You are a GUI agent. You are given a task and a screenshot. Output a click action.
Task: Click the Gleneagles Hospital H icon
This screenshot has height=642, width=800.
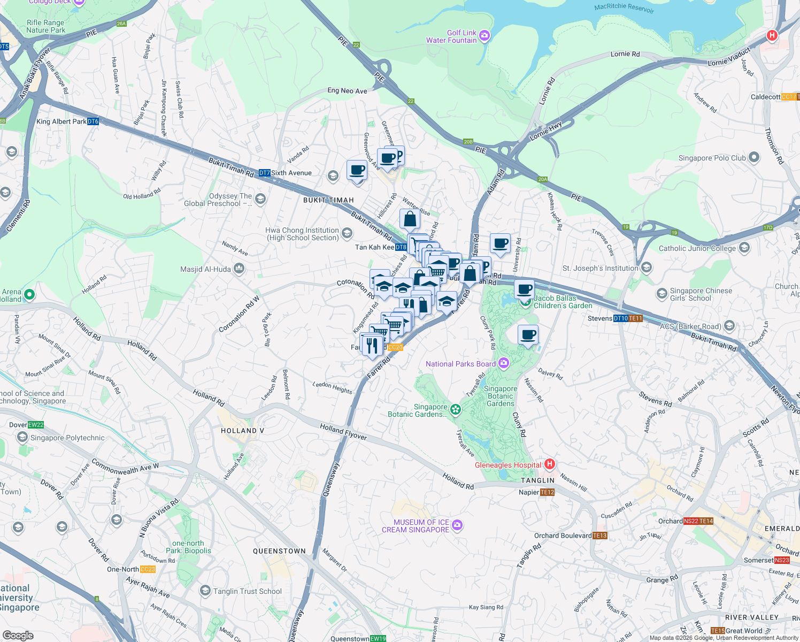click(x=550, y=464)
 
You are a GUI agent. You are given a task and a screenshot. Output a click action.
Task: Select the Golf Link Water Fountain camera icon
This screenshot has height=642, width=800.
click(x=484, y=36)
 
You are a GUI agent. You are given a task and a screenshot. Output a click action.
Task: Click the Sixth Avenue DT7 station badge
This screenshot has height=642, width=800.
click(x=264, y=173)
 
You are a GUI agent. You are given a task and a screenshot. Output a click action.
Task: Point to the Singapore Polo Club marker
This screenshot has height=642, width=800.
click(x=754, y=157)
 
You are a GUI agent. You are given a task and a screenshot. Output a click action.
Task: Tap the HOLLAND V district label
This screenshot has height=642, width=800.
click(x=242, y=431)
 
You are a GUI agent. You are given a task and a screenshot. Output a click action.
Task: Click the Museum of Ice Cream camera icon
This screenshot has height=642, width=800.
click(x=457, y=525)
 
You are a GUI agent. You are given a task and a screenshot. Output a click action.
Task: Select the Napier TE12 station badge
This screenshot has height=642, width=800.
click(x=547, y=492)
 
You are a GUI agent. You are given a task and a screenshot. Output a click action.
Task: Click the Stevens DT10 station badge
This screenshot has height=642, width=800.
click(x=620, y=318)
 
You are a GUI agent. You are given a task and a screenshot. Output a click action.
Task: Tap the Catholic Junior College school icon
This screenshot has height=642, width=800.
click(x=744, y=248)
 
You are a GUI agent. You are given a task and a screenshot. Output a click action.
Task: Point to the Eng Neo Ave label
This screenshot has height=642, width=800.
click(x=347, y=90)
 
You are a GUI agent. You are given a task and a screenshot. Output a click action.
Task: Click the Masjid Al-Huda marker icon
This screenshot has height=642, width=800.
click(x=239, y=269)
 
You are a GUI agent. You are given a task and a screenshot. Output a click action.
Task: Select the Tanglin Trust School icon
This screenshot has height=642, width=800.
click(x=205, y=591)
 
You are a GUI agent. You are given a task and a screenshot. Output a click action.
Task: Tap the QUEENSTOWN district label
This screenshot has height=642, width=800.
click(x=279, y=551)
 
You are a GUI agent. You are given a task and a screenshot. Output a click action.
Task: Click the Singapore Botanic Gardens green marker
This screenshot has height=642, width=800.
click(x=455, y=410)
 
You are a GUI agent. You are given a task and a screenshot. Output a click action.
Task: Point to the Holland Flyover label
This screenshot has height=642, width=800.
click(x=343, y=431)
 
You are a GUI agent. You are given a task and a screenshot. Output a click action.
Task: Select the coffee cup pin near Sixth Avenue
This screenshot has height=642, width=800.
click(x=357, y=170)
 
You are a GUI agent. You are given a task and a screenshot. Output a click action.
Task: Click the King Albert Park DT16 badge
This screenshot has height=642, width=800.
click(x=93, y=121)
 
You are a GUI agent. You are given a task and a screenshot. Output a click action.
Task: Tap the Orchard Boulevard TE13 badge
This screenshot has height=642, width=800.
click(x=599, y=536)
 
